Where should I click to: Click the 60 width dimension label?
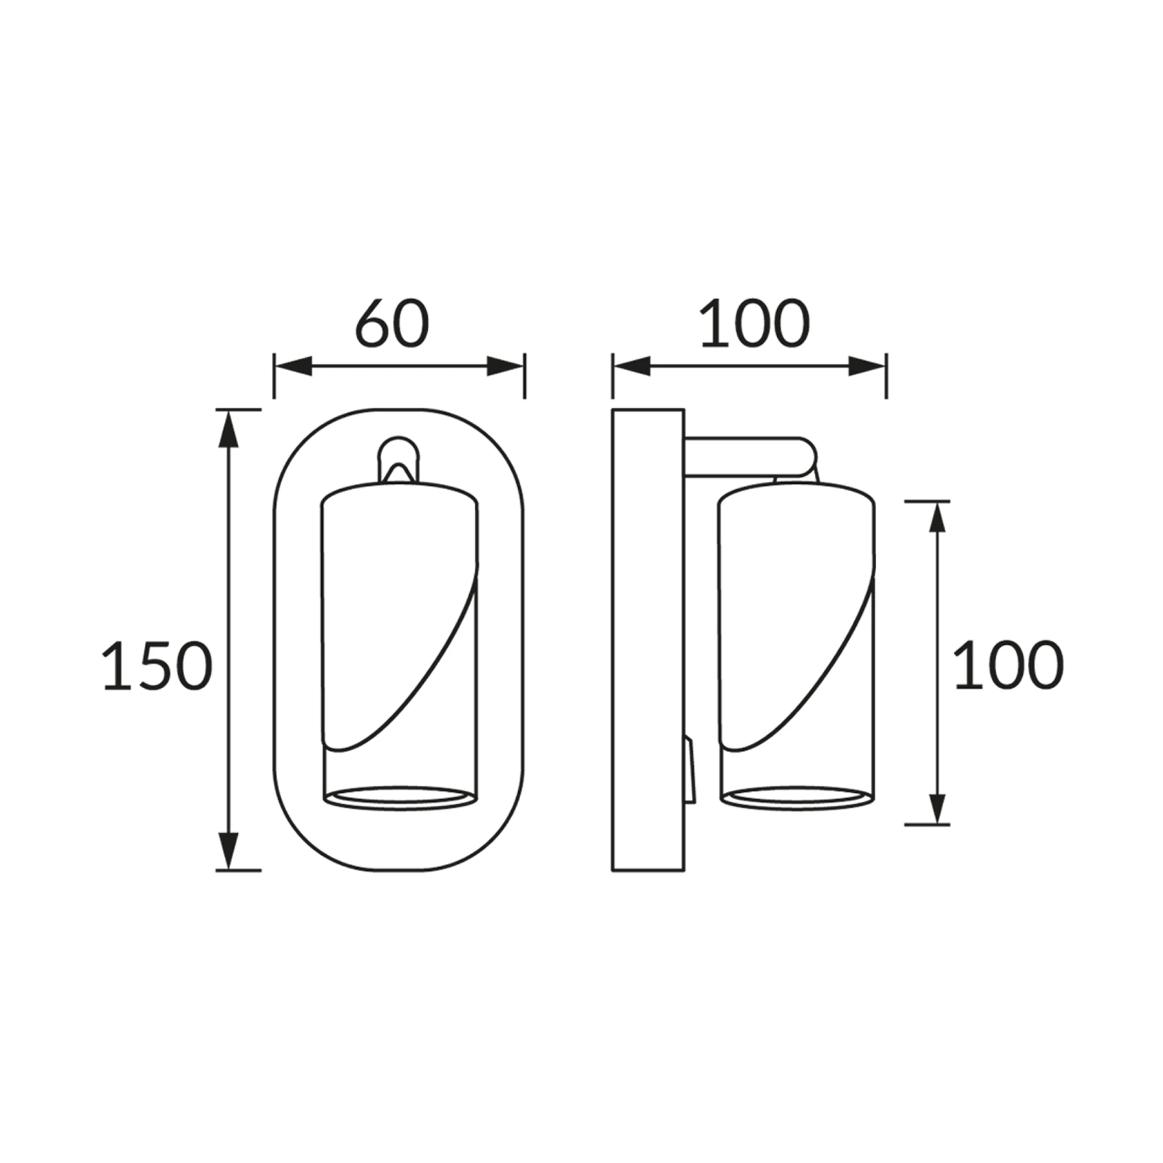(392, 322)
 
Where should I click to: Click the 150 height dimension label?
(158, 665)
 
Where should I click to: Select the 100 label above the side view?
(755, 322)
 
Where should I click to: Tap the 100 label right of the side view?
(1009, 665)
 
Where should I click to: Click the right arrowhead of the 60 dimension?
(505, 366)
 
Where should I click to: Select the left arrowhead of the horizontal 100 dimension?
(632, 366)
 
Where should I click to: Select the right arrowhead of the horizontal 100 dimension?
(867, 366)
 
